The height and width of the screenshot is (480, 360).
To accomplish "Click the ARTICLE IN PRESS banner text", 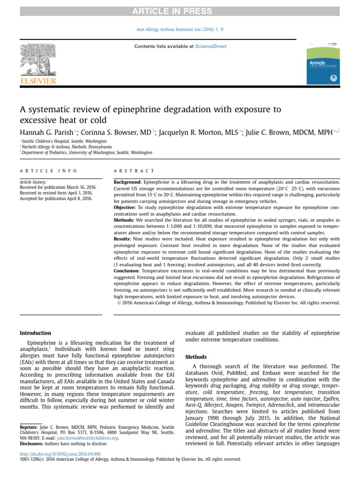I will pyautogui.click(x=180, y=11).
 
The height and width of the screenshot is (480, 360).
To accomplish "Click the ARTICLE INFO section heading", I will pyautogui.click(x=48, y=171).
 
